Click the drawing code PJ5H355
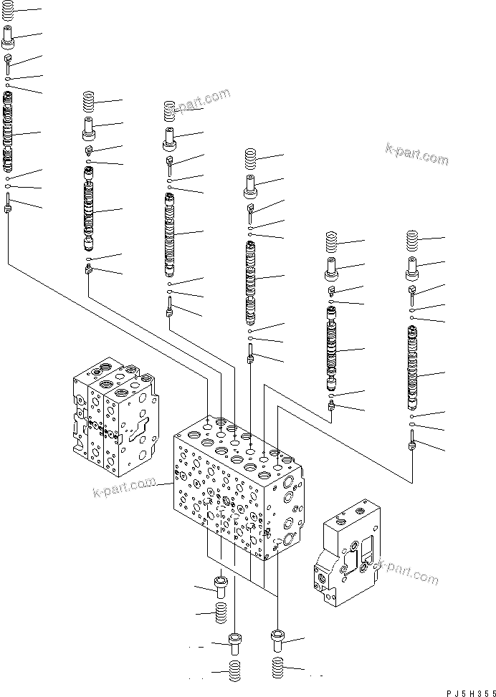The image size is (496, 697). [x=466, y=690]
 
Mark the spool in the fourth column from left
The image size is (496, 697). [x=251, y=282]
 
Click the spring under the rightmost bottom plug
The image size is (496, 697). [x=280, y=668]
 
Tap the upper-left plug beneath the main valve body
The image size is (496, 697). [x=221, y=587]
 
